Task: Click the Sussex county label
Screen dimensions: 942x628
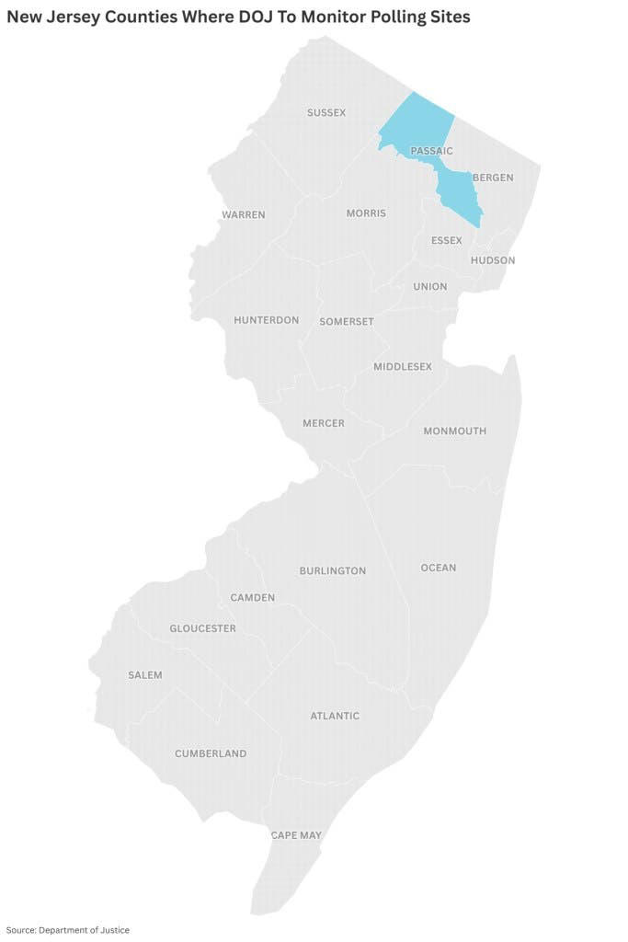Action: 326,112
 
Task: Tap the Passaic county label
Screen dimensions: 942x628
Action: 431,151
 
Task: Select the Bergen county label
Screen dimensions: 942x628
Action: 493,178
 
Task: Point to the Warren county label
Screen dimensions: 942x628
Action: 243,215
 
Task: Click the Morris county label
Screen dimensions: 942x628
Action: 366,213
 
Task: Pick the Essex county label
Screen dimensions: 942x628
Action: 446,241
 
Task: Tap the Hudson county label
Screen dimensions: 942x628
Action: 493,260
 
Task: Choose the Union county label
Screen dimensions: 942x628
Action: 429,287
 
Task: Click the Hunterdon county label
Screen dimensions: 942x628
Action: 266,320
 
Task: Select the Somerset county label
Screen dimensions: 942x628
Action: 347,322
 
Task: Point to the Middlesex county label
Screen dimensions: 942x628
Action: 403,367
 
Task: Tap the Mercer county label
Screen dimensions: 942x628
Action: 324,423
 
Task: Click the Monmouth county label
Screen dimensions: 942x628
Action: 455,431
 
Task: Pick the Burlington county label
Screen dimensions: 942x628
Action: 333,571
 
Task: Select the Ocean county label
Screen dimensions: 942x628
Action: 439,568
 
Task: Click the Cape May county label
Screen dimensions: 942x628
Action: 296,835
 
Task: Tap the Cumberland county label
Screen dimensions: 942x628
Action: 211,753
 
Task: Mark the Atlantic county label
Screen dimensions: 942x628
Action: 335,716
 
